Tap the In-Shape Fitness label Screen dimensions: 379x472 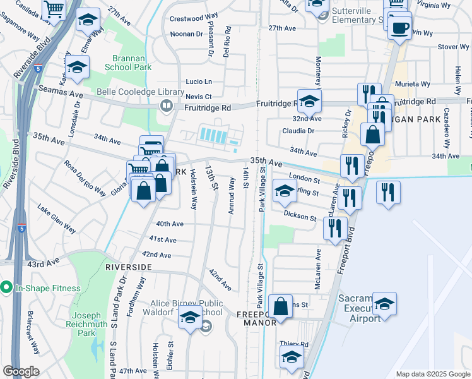tap(49, 288)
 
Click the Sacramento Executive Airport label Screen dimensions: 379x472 tap(360, 308)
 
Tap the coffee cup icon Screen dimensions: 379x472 tap(399, 27)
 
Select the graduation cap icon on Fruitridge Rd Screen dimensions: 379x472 tap(310, 101)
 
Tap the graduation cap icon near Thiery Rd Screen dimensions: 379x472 tap(292, 357)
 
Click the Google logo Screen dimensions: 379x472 tap(21, 371)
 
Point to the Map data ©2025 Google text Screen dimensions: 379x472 tap(432, 373)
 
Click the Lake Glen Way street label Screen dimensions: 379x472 tap(56, 217)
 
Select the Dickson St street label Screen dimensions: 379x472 tap(299, 217)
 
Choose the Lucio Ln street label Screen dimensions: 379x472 tap(198, 82)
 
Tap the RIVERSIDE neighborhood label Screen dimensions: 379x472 tap(129, 267)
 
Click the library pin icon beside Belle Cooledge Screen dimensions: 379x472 tap(167, 105)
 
